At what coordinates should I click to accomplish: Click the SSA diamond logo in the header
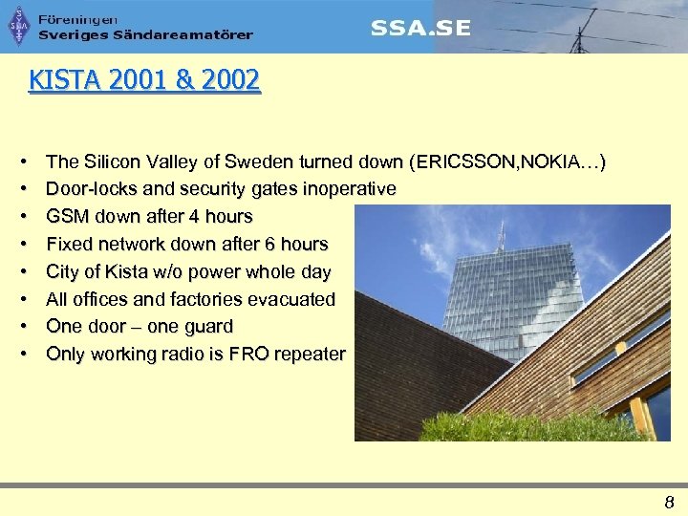(x=19, y=26)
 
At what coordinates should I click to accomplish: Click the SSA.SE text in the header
(x=420, y=28)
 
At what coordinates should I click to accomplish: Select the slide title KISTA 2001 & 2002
(x=144, y=80)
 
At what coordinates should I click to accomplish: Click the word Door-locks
(x=90, y=189)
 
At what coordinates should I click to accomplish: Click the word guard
(x=207, y=327)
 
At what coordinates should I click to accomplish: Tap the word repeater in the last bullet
(x=310, y=355)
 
